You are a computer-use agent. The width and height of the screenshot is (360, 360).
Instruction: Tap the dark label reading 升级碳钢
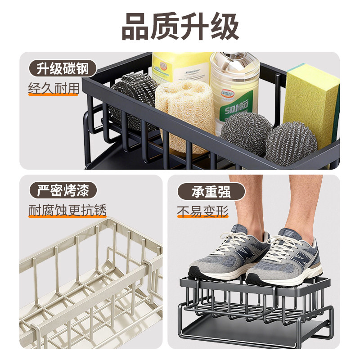pyautogui.click(x=62, y=69)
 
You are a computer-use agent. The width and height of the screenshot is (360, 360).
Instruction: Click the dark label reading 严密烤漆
pyautogui.click(x=62, y=190)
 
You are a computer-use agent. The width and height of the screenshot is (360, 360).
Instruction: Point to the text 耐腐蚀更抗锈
pyautogui.click(x=67, y=210)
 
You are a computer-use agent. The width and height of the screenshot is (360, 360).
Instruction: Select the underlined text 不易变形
pyautogui.click(x=202, y=211)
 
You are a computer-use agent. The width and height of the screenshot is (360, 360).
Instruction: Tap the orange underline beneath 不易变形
pyautogui.click(x=202, y=217)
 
